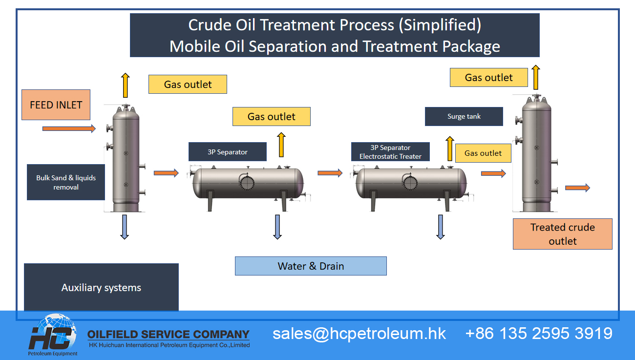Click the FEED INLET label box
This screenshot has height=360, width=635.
tap(56, 105)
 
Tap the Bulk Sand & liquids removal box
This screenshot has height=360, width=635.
tap(66, 182)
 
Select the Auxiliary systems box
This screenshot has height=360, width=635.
tap(101, 288)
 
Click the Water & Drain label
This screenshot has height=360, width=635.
tap(311, 266)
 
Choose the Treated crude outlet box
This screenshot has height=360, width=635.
tap(562, 234)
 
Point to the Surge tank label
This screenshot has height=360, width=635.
tap(464, 117)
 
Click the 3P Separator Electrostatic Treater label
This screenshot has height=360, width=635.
tap(390, 152)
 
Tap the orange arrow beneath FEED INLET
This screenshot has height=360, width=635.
tap(69, 128)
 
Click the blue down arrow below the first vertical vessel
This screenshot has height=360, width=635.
tap(125, 227)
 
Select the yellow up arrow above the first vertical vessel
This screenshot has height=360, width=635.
tap(126, 85)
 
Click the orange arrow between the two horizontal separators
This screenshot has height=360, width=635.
tap(330, 173)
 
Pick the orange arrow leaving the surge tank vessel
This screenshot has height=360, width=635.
tap(577, 188)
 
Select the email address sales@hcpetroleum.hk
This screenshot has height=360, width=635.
tap(359, 333)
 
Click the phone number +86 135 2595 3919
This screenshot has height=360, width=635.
tap(539, 333)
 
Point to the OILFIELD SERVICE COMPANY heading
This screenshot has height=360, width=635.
tap(169, 335)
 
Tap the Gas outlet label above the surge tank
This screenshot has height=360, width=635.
tap(488, 78)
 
